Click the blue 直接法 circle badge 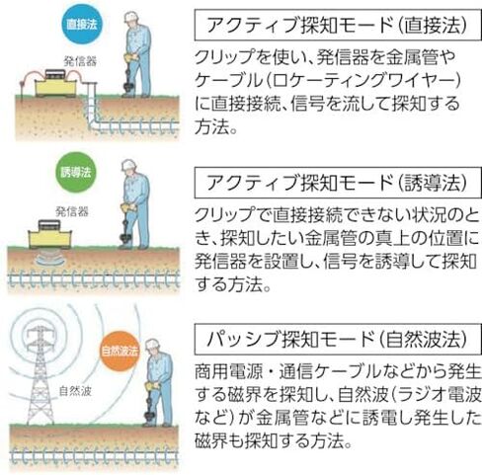pos(82,25)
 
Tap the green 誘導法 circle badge pos(76,173)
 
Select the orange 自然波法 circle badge pos(120,352)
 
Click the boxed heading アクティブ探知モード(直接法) pos(338,25)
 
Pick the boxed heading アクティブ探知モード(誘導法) pos(338,183)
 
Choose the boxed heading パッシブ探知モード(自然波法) pos(338,339)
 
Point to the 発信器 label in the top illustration pos(80,61)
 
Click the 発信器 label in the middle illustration pos(72,211)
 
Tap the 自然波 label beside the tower pos(75,391)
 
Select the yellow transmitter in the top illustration pos(55,84)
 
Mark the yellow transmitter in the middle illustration pos(49,234)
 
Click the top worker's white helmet pos(131,17)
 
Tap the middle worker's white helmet pos(129,165)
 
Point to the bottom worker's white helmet pos(152,345)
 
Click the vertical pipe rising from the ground pos(93,101)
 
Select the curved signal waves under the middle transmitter pos(50,257)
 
